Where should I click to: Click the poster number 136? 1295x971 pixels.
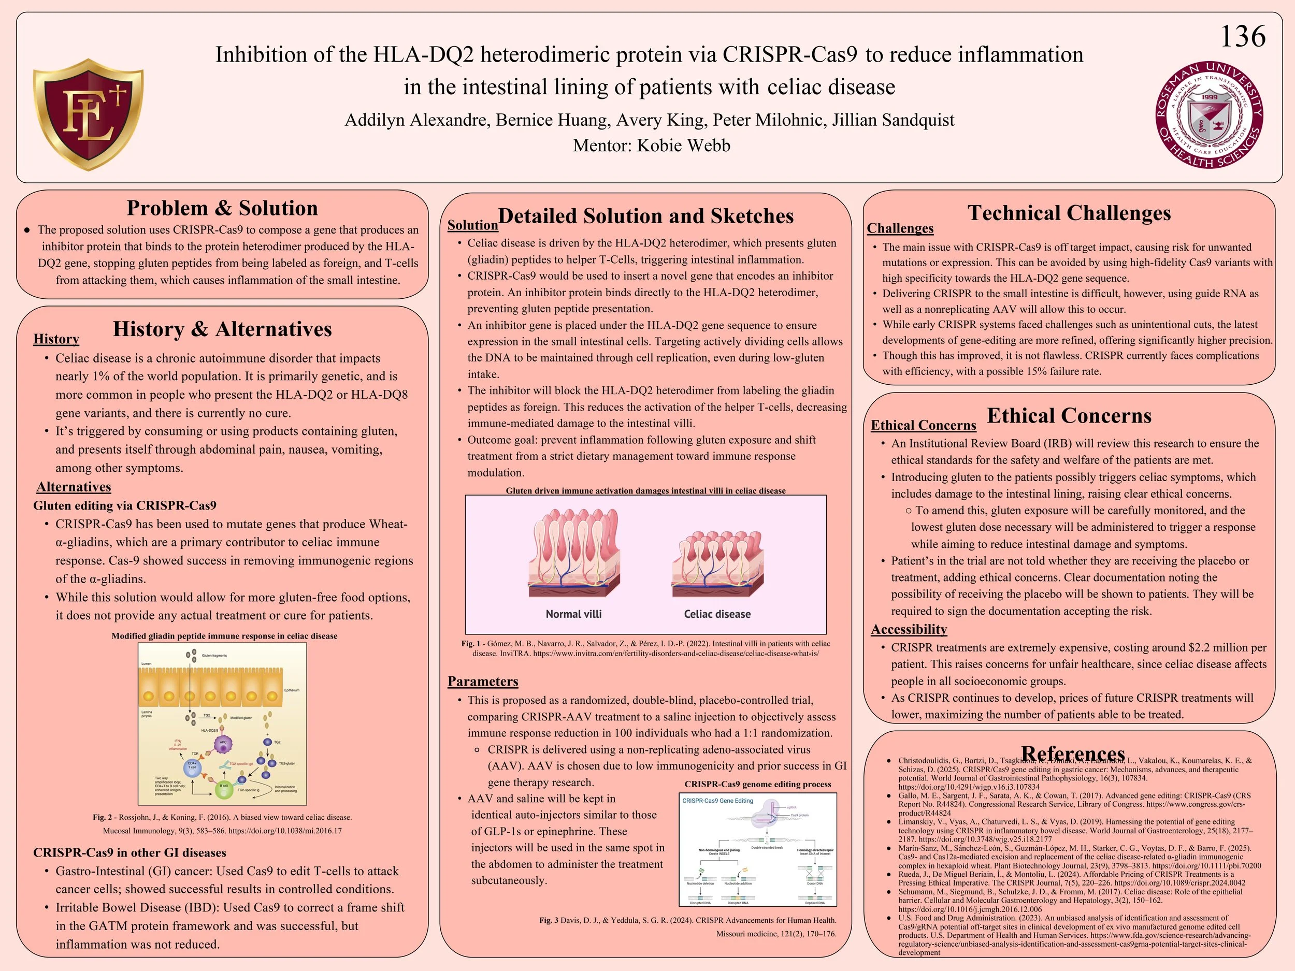click(x=1242, y=37)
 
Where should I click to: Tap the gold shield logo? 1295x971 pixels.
click(x=89, y=114)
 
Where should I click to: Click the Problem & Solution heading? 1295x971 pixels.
click(x=222, y=208)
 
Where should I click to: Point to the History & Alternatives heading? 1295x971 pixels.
click(x=222, y=329)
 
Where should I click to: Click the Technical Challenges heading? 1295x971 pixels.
click(x=1069, y=213)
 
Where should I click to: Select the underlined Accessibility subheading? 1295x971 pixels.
click(x=909, y=629)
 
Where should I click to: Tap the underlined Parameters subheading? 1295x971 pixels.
click(x=482, y=682)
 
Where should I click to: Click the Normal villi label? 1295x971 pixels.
click(x=573, y=614)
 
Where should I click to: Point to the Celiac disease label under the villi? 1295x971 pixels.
click(x=717, y=614)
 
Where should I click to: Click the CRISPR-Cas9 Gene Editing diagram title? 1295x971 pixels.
click(x=718, y=801)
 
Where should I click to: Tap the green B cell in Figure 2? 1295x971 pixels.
click(x=224, y=790)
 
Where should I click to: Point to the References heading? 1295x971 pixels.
click(x=1073, y=753)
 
